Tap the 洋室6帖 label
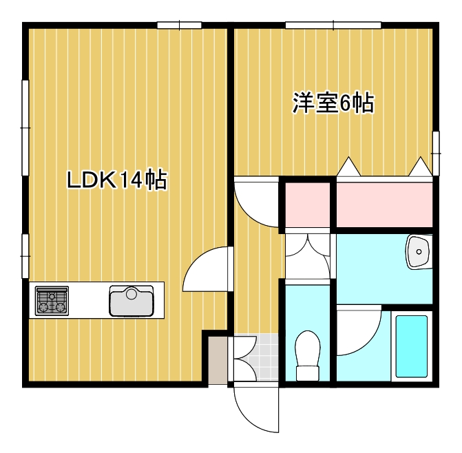[x=333, y=103]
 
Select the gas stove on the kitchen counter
[x=52, y=301]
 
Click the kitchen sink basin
[x=131, y=301]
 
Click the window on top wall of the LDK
[x=179, y=26]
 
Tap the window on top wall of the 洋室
[x=333, y=26]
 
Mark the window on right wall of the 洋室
[x=435, y=151]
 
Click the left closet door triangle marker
[x=347, y=167]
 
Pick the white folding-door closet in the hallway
[x=308, y=255]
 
